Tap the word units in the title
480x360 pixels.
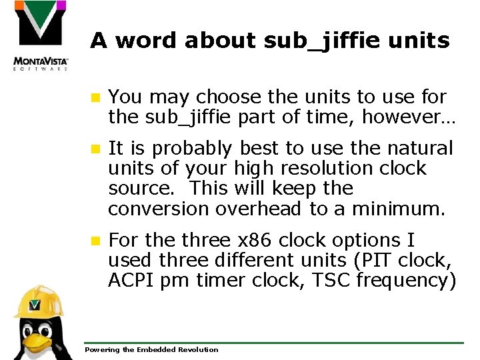420,41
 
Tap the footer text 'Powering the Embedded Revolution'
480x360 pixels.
151,349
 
